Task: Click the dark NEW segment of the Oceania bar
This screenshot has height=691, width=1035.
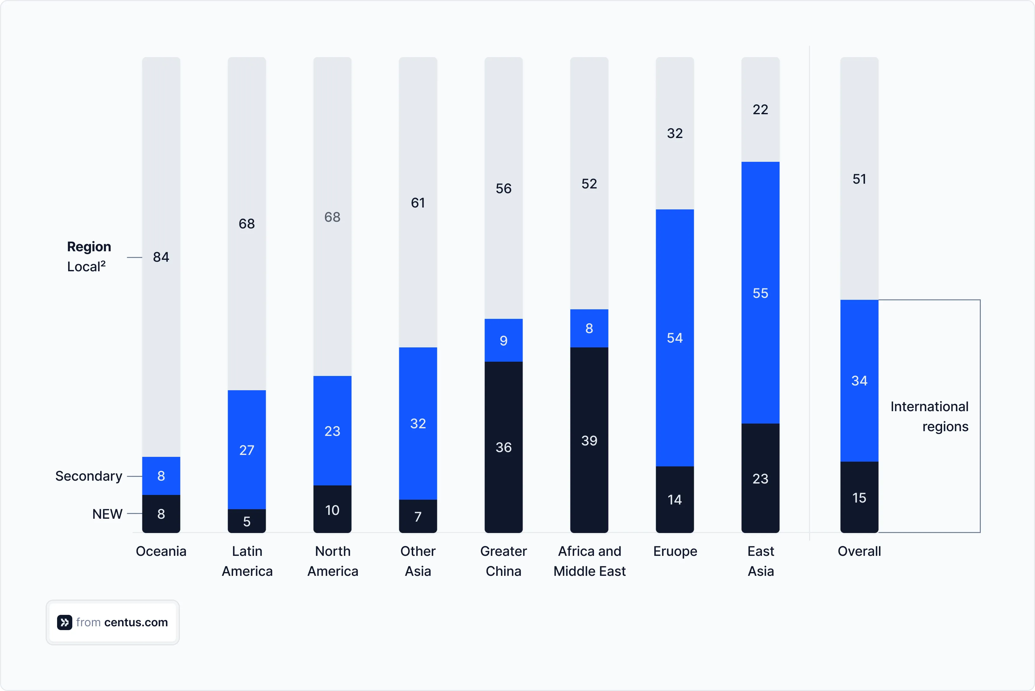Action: coord(161,514)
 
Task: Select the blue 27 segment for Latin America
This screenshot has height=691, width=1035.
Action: coord(247,450)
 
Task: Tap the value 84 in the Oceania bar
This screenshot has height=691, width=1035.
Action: coord(161,257)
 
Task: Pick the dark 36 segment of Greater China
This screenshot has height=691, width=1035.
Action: coord(504,447)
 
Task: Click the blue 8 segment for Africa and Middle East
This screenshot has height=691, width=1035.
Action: coord(589,328)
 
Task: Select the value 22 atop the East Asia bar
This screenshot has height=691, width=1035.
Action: coord(760,109)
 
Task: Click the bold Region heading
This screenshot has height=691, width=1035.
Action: coord(89,246)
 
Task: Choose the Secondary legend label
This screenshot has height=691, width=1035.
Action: coord(88,476)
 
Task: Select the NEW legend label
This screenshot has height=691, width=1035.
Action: coord(107,514)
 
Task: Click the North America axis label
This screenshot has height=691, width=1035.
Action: coord(333,561)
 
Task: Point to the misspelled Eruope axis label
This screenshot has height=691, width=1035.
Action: coord(675,551)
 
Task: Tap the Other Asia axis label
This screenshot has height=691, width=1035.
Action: coord(418,561)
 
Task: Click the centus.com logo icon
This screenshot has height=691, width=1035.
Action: coord(64,622)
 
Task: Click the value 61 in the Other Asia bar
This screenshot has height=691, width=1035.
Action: coord(418,203)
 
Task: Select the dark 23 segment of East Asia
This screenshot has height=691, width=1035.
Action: coord(760,478)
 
